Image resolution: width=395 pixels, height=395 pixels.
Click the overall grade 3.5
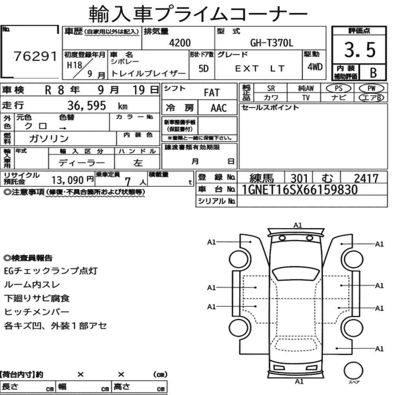click(360, 50)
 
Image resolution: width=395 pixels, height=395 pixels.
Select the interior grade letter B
click(373, 73)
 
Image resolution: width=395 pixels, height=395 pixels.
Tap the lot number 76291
click(35, 56)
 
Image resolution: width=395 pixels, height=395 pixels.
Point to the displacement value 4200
click(180, 43)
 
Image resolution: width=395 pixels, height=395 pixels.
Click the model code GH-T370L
click(272, 43)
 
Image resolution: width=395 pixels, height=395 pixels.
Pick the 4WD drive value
click(315, 67)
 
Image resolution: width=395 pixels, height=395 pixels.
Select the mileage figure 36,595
click(87, 105)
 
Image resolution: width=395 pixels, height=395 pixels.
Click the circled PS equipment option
click(339, 88)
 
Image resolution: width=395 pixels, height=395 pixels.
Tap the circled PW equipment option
click(371, 88)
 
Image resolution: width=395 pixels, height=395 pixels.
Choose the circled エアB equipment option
click(371, 98)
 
